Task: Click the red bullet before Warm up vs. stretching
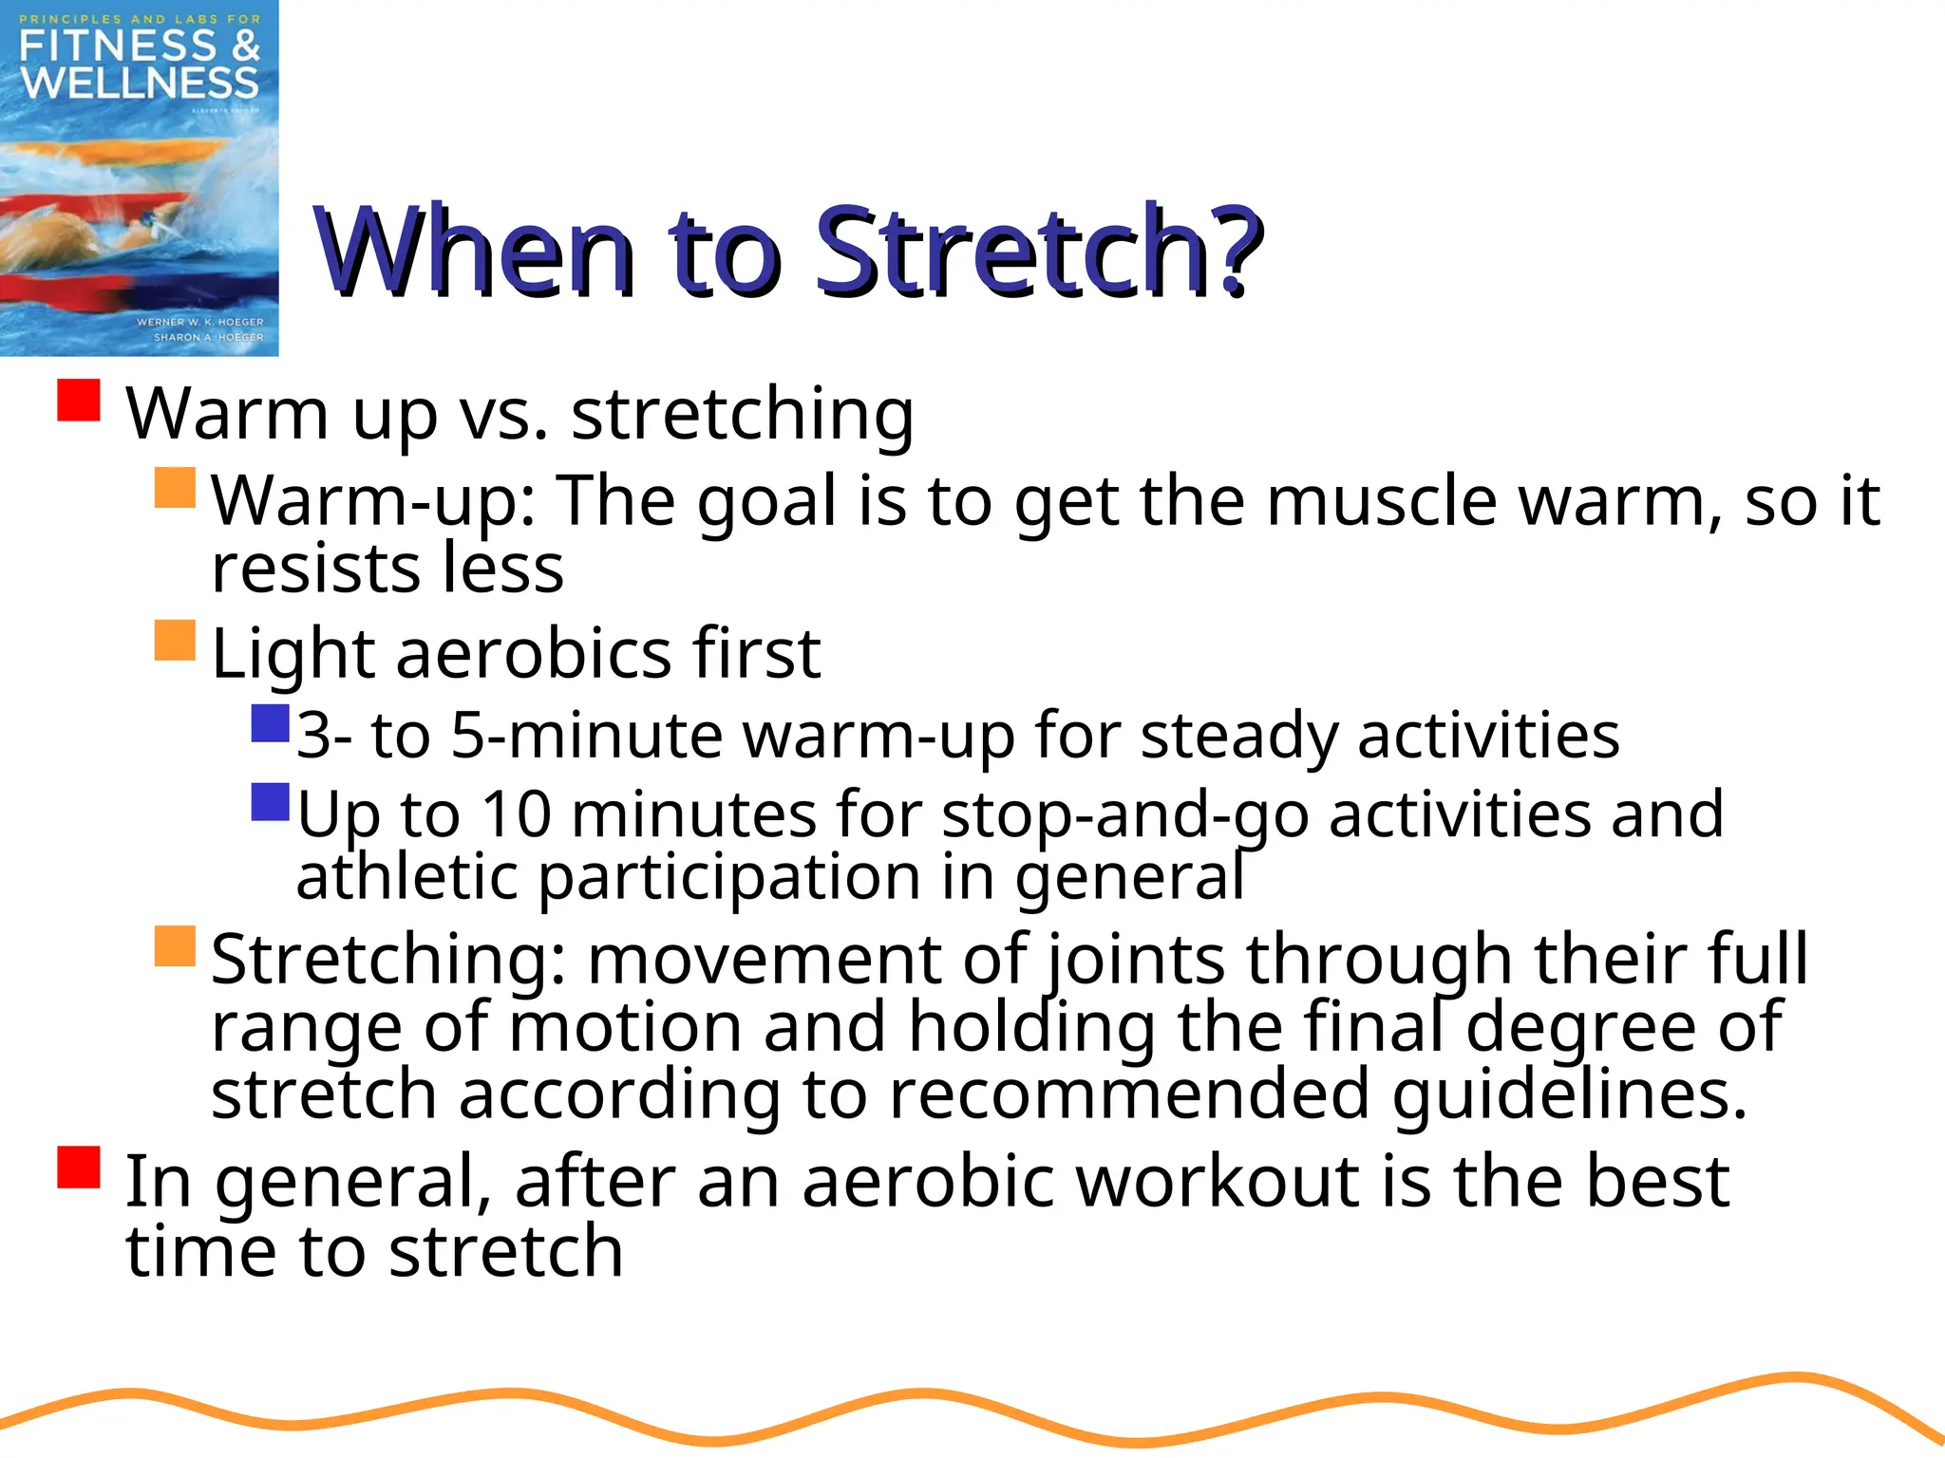(x=79, y=401)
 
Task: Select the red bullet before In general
(x=79, y=1168)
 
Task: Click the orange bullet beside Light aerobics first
(x=175, y=641)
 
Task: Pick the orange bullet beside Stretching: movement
(x=175, y=946)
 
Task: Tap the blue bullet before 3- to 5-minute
(x=270, y=723)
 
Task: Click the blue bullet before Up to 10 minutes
(x=270, y=802)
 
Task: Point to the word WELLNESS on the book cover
(x=140, y=84)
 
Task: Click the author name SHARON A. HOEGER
(x=208, y=337)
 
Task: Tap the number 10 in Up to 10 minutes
(x=516, y=814)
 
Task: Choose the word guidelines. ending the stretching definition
(x=1569, y=1093)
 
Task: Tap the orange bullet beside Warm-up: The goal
(x=175, y=487)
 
